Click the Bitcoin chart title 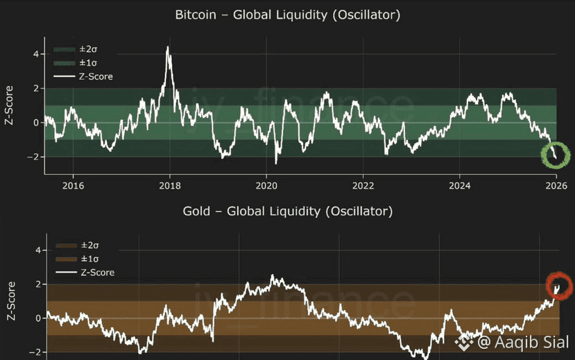(287, 15)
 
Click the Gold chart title (287, 210)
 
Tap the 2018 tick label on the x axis (170, 185)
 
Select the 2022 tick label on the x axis (363, 185)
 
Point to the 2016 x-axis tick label (74, 185)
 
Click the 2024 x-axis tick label (459, 185)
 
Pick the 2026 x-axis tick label (556, 185)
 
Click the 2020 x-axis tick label (266, 185)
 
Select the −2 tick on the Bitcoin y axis (33, 157)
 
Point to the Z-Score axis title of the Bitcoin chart (10, 105)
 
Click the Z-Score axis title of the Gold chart (10, 300)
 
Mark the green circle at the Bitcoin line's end (554, 154)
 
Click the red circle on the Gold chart (558, 285)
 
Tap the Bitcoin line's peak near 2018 (168, 47)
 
